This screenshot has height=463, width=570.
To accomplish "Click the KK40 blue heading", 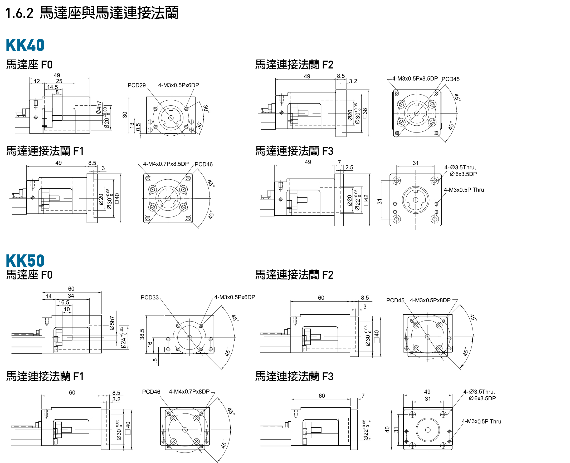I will [x=25, y=45].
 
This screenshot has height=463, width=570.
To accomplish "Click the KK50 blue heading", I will [x=25, y=260].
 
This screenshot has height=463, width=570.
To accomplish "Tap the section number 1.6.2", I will [x=19, y=13].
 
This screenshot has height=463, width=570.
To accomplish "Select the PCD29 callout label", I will [x=136, y=85].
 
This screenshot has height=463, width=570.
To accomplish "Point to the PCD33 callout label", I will [x=149, y=297].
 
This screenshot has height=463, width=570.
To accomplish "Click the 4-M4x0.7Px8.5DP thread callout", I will [x=166, y=164].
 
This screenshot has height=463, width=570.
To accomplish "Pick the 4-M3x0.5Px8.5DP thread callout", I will [x=415, y=79].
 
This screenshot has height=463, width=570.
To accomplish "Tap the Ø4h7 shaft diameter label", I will [x=99, y=107].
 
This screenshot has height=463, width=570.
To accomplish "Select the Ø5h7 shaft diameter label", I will [x=112, y=323].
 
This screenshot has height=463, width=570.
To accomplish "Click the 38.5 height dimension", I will [x=142, y=334].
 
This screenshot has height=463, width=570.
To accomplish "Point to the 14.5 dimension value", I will [x=52, y=87].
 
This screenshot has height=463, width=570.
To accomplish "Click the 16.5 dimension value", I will [x=64, y=302].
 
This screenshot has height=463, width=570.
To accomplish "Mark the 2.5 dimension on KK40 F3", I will [x=349, y=168].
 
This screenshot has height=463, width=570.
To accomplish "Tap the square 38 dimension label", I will [x=365, y=113].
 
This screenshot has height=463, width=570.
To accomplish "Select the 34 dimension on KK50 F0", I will [x=71, y=296].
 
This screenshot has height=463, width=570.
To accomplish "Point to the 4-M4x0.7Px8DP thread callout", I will [x=189, y=392].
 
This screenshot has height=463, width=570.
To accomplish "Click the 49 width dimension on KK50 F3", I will [x=427, y=392].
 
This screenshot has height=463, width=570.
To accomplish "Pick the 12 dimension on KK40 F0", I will [x=37, y=81].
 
